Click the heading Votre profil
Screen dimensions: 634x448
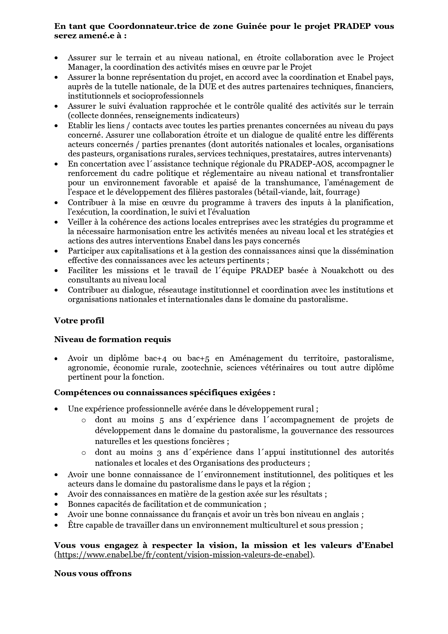click(79, 320)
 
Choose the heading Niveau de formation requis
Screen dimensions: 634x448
click(112, 340)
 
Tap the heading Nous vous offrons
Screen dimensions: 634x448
click(93, 574)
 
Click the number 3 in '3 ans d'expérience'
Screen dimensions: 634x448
click(161, 452)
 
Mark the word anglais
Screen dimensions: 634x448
click(347, 514)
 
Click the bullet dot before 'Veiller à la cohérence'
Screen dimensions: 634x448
click(56, 222)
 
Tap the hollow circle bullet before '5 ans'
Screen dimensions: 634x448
click(83, 420)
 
